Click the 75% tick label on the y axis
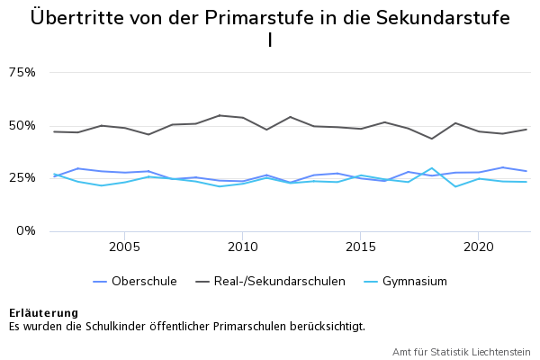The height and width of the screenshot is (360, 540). (x=22, y=72)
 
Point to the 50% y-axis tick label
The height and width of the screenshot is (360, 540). (x=22, y=125)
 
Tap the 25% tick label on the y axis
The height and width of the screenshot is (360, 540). (x=22, y=177)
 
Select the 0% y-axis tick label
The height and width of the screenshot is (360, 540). (x=25, y=230)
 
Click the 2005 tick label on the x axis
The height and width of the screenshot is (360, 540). (x=124, y=246)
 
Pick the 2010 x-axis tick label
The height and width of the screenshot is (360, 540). (x=242, y=246)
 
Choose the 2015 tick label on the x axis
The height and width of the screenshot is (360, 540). (x=361, y=246)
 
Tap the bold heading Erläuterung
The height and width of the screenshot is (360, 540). (x=43, y=312)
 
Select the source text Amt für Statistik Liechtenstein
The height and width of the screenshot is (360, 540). (x=461, y=352)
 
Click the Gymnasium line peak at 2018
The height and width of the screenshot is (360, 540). (x=432, y=168)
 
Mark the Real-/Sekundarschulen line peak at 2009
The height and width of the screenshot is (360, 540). (x=219, y=115)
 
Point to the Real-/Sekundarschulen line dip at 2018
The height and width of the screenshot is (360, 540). (x=432, y=139)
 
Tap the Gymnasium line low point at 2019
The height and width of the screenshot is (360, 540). (x=455, y=186)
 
